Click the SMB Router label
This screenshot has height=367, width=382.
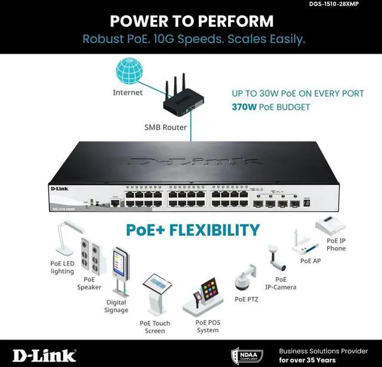point(165,127)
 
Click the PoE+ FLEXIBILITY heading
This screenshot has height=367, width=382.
point(193,230)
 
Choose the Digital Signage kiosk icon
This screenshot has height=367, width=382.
point(120,271)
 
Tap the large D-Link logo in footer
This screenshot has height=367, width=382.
point(45,355)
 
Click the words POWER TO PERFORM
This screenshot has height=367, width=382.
point(192,21)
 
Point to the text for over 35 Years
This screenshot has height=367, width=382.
point(307,360)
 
